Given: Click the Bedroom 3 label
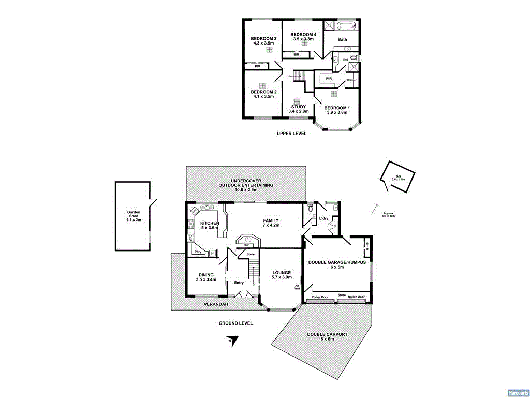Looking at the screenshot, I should point(263,41).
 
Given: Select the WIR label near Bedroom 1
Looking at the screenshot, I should point(329,79).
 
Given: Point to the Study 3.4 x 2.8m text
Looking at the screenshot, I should point(298,109).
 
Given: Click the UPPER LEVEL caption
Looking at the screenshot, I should point(291,134).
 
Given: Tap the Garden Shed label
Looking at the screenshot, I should point(134,216).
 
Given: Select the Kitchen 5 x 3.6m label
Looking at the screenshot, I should point(210,226).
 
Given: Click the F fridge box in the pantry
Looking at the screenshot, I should point(212,253).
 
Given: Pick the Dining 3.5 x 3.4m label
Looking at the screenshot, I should point(205,277).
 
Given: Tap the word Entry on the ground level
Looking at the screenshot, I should point(239,283).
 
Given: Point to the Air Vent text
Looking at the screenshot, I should point(297,287).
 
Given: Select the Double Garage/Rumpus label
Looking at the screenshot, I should point(337,264).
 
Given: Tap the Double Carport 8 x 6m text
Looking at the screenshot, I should point(327,337).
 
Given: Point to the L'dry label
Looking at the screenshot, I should point(324,218).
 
